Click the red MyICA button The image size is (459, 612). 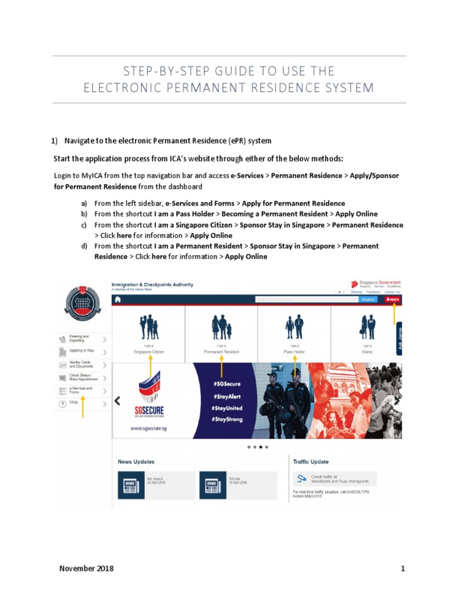[x=393, y=299]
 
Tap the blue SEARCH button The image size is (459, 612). [x=368, y=299]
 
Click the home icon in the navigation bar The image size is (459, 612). [x=118, y=299]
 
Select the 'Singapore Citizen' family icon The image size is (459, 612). [x=148, y=327]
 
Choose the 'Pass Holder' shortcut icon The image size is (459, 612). [x=294, y=327]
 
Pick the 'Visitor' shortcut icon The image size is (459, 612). [x=367, y=327]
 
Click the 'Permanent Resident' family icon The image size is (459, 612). [x=222, y=327]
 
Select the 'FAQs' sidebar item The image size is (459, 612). [x=74, y=403]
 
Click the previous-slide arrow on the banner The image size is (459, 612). [x=118, y=401]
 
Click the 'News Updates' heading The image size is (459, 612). [x=136, y=462]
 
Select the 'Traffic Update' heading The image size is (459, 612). [x=311, y=462]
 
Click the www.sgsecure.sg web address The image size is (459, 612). [x=148, y=429]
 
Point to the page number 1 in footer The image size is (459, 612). [x=403, y=568]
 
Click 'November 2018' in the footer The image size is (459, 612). [x=87, y=568]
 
